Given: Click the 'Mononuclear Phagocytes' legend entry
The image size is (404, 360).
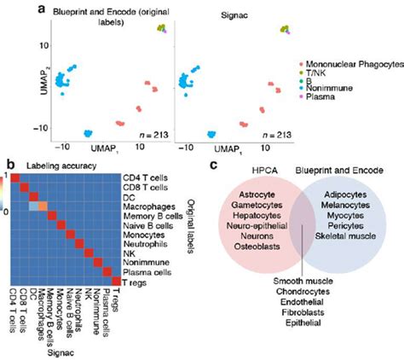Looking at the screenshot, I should (x=349, y=64).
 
